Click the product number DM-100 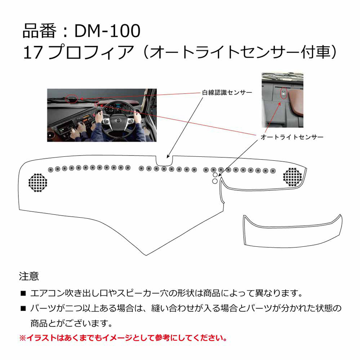coord(107,31)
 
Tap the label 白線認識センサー coord(227,92)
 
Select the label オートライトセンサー coord(292,137)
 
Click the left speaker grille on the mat coord(38,182)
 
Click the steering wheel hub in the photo coord(118,121)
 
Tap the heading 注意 coord(29,276)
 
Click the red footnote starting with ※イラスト coord(123,338)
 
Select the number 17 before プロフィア coord(33,52)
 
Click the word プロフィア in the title coord(91,52)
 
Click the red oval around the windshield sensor coord(72,99)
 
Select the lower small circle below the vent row coord(215,181)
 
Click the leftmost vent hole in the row coord(50,170)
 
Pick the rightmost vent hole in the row coord(273,171)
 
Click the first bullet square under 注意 coord(23,294)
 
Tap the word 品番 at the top coord(39,31)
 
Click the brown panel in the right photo coord(296,102)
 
